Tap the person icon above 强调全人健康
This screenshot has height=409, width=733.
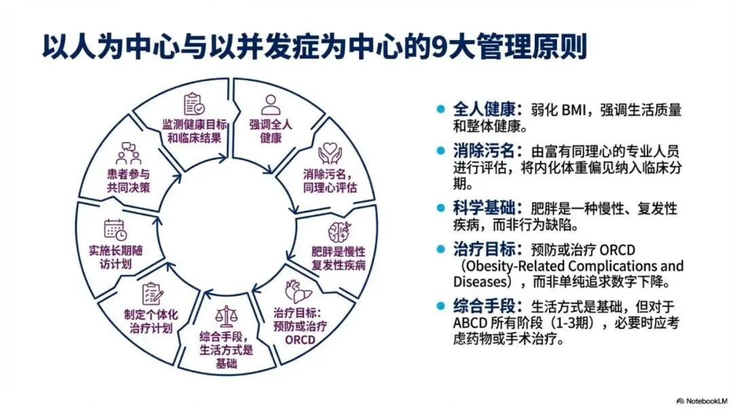(271, 105)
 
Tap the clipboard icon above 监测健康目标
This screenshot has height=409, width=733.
(193, 104)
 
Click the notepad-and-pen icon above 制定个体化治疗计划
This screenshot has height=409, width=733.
(151, 294)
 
